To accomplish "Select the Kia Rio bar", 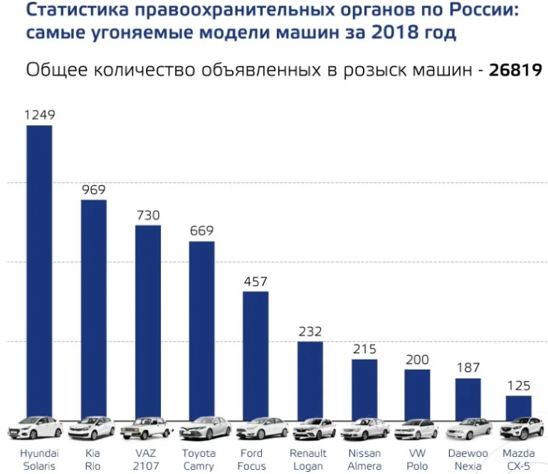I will (93, 309).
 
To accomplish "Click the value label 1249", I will (39, 114).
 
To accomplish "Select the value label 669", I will (201, 231).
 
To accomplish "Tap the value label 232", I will (310, 331).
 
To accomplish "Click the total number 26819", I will (515, 70).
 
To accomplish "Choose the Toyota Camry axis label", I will (198, 459).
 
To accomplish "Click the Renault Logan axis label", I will (308, 459).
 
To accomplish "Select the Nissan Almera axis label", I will (364, 459).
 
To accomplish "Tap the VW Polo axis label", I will (418, 459).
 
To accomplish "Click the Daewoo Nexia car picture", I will (468, 429).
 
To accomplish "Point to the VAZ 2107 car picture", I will (147, 429).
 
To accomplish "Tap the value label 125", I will (518, 385).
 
